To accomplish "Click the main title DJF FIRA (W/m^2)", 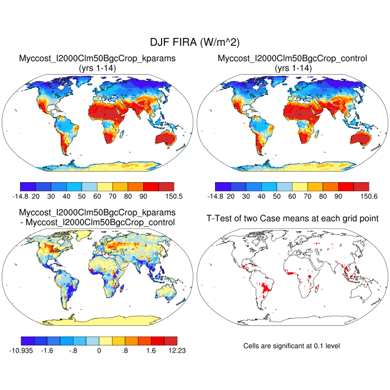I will point(194,42).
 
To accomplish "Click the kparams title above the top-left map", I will point(97,58).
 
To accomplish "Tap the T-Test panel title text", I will point(292,218).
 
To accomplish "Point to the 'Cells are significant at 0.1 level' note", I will point(291,346).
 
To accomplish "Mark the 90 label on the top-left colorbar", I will point(143,197).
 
